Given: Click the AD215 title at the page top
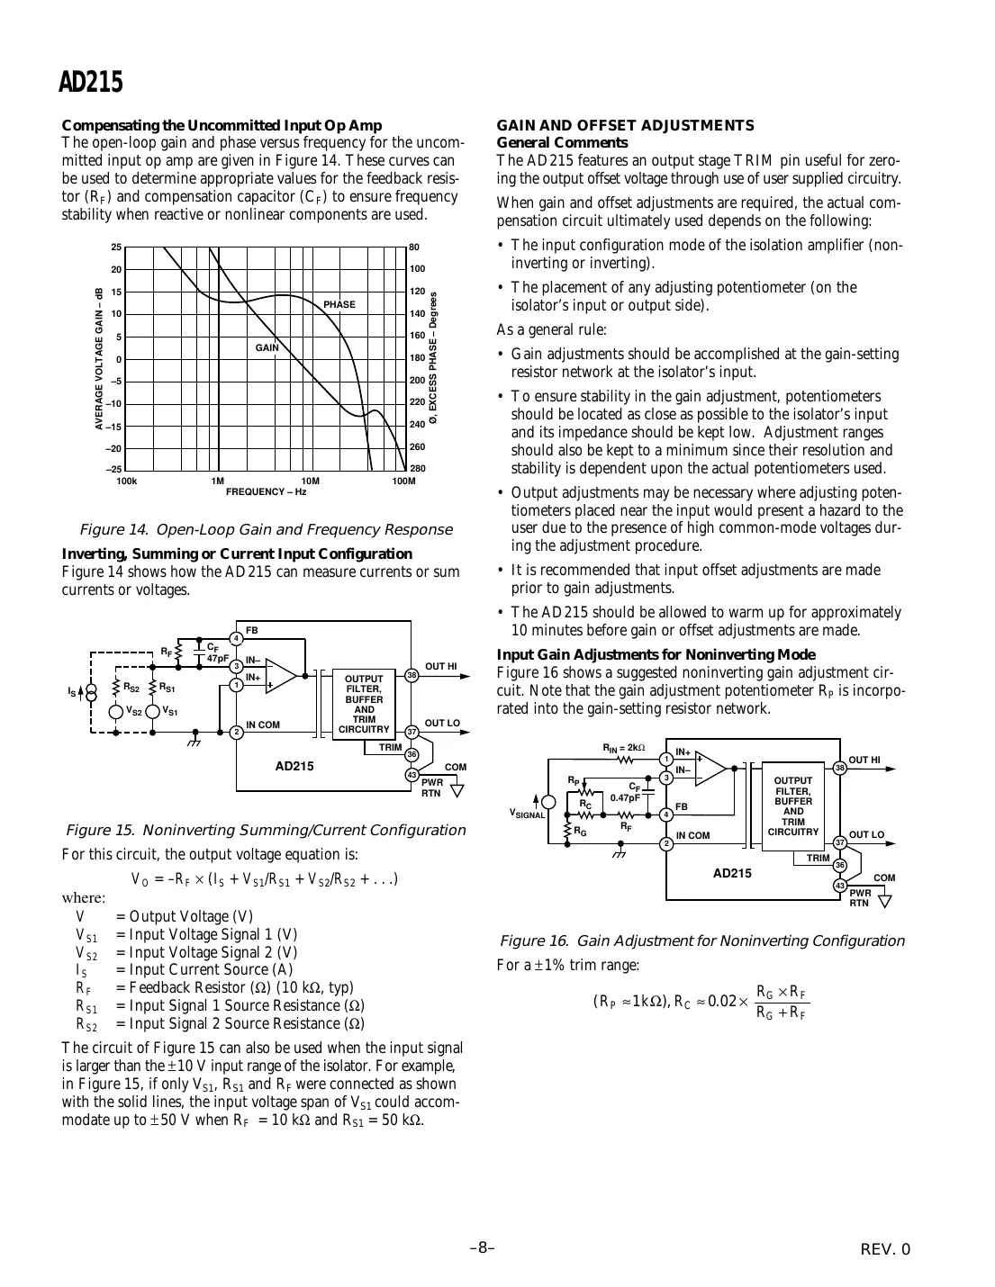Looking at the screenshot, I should (90, 82).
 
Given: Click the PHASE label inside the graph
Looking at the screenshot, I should (339, 304).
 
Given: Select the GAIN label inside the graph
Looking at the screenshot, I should (267, 347).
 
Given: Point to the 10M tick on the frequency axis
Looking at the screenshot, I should (310, 481).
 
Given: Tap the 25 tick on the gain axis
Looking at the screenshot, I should (116, 247).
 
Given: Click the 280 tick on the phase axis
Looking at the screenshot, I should (418, 469).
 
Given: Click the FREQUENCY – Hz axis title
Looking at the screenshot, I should (266, 491).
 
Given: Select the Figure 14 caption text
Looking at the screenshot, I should (266, 529).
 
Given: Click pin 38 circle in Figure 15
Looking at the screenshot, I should (412, 674).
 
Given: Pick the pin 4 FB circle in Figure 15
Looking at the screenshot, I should (236, 638).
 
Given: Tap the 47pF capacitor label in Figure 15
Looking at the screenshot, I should (217, 659).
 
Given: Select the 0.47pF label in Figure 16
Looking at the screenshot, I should (624, 797).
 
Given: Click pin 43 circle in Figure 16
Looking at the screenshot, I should (839, 886).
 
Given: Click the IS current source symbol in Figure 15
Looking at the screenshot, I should (91, 692).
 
